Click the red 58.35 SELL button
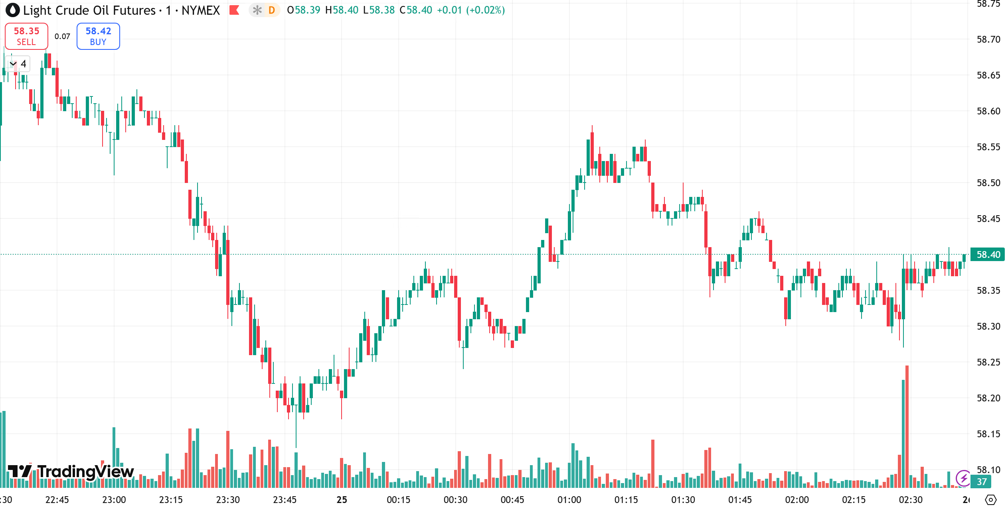pos(26,36)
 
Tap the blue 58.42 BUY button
pos(98,36)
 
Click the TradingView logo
pos(71,472)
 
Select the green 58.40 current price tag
pos(988,255)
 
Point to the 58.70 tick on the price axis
pos(988,39)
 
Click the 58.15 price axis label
pos(988,434)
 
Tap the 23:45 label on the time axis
pos(285,500)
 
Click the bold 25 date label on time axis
pos(342,500)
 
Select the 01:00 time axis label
pos(569,500)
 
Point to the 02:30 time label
pos(910,500)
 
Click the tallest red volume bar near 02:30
pos(907,426)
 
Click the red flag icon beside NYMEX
pos(234,10)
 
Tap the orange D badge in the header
pos(272,10)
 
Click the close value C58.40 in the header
pos(416,10)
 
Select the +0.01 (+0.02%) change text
pos(471,10)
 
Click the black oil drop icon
pos(12,10)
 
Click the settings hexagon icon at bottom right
pos(991,500)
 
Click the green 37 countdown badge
pos(982,482)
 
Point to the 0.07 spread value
pos(62,37)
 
